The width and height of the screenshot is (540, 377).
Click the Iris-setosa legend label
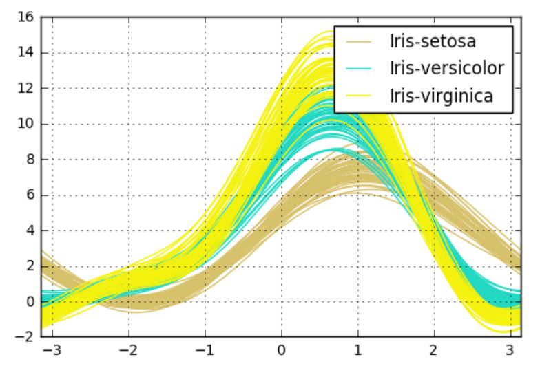[x=433, y=42]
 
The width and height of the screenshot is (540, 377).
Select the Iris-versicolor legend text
[x=446, y=68]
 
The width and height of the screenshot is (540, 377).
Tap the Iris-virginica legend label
[x=441, y=95]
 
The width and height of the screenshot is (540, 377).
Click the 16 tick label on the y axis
[x=25, y=17]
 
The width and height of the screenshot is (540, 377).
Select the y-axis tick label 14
[x=25, y=53]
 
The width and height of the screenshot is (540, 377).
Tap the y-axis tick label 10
[x=25, y=125]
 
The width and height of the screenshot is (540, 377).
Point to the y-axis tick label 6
[x=29, y=195]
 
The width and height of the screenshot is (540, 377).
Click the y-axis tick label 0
[x=29, y=302]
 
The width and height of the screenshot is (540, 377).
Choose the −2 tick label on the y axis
[x=25, y=337]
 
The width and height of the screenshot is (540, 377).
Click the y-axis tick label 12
[x=25, y=89]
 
